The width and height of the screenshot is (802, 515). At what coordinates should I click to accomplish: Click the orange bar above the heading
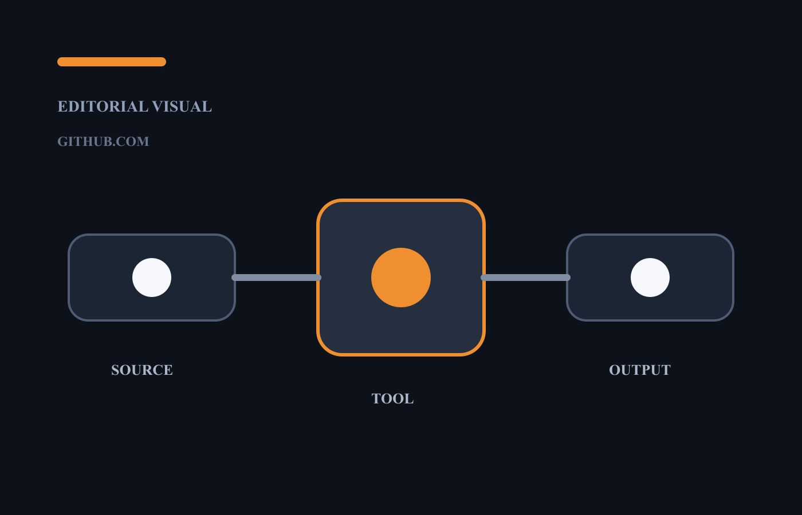(x=112, y=62)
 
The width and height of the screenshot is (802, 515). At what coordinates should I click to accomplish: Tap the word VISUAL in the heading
(x=182, y=106)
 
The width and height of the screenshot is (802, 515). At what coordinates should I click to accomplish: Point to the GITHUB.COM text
(x=103, y=142)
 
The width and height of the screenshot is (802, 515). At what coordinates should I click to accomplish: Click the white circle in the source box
(x=152, y=278)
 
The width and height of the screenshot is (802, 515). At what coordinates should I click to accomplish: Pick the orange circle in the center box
(x=401, y=278)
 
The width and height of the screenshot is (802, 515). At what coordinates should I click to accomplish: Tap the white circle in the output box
(x=650, y=278)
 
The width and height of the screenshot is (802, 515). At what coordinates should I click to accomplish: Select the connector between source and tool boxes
(x=276, y=278)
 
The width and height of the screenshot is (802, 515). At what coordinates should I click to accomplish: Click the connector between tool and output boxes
(x=526, y=278)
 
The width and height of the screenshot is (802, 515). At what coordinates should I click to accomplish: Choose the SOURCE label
(x=142, y=370)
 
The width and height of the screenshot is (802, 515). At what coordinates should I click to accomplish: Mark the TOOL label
(x=393, y=399)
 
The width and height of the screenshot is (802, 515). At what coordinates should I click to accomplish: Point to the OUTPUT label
(x=640, y=370)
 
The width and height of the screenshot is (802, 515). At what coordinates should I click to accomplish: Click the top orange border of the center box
(x=401, y=200)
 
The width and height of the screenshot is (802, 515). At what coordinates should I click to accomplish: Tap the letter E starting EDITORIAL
(x=62, y=106)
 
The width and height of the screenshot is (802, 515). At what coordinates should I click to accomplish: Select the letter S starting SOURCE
(x=115, y=370)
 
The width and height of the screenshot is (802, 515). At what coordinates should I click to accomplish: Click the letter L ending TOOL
(x=409, y=399)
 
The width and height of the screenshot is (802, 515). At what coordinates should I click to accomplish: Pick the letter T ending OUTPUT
(x=666, y=370)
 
